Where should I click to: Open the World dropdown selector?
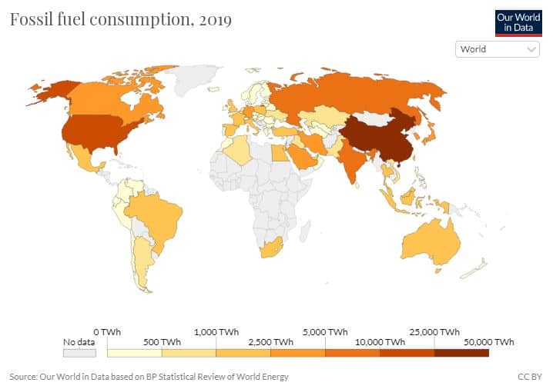tap(498, 49)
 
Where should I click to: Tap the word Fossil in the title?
tap(32, 20)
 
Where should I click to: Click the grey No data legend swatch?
tap(79, 353)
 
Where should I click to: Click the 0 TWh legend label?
tap(107, 331)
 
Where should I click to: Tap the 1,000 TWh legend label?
tap(216, 331)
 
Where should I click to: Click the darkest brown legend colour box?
tap(461, 353)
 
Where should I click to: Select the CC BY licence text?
tap(531, 377)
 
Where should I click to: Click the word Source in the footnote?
tap(25, 377)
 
